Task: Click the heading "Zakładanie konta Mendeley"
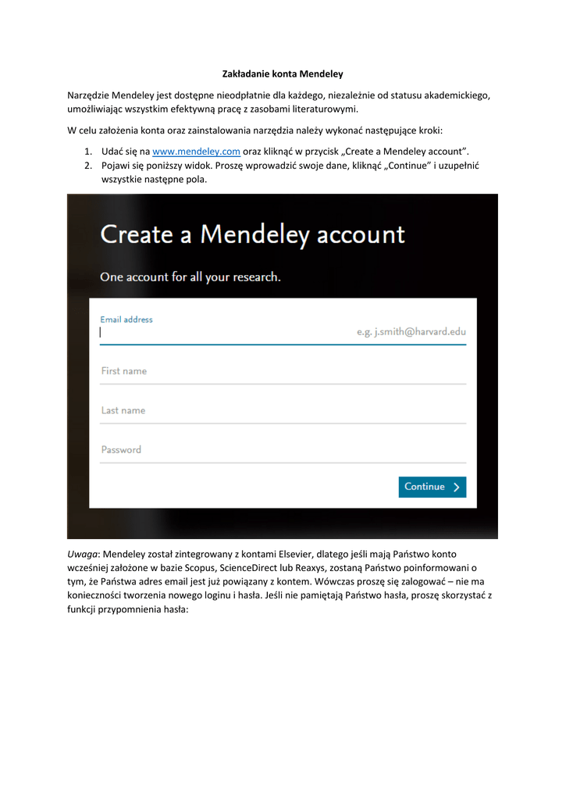coord(283,74)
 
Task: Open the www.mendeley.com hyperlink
coord(196,151)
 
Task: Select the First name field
coord(283,372)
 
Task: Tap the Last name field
coord(283,411)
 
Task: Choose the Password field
coord(283,450)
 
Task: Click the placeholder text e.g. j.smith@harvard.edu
coord(411,332)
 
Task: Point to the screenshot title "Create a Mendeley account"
coord(253,234)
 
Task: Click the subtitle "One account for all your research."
coord(190,277)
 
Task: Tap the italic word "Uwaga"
coord(83,554)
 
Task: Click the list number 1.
coord(88,151)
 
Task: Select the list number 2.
coord(88,166)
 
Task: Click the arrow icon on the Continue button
coord(457,487)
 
